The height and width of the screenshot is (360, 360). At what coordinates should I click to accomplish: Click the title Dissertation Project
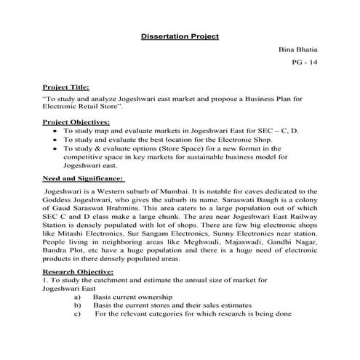179,35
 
